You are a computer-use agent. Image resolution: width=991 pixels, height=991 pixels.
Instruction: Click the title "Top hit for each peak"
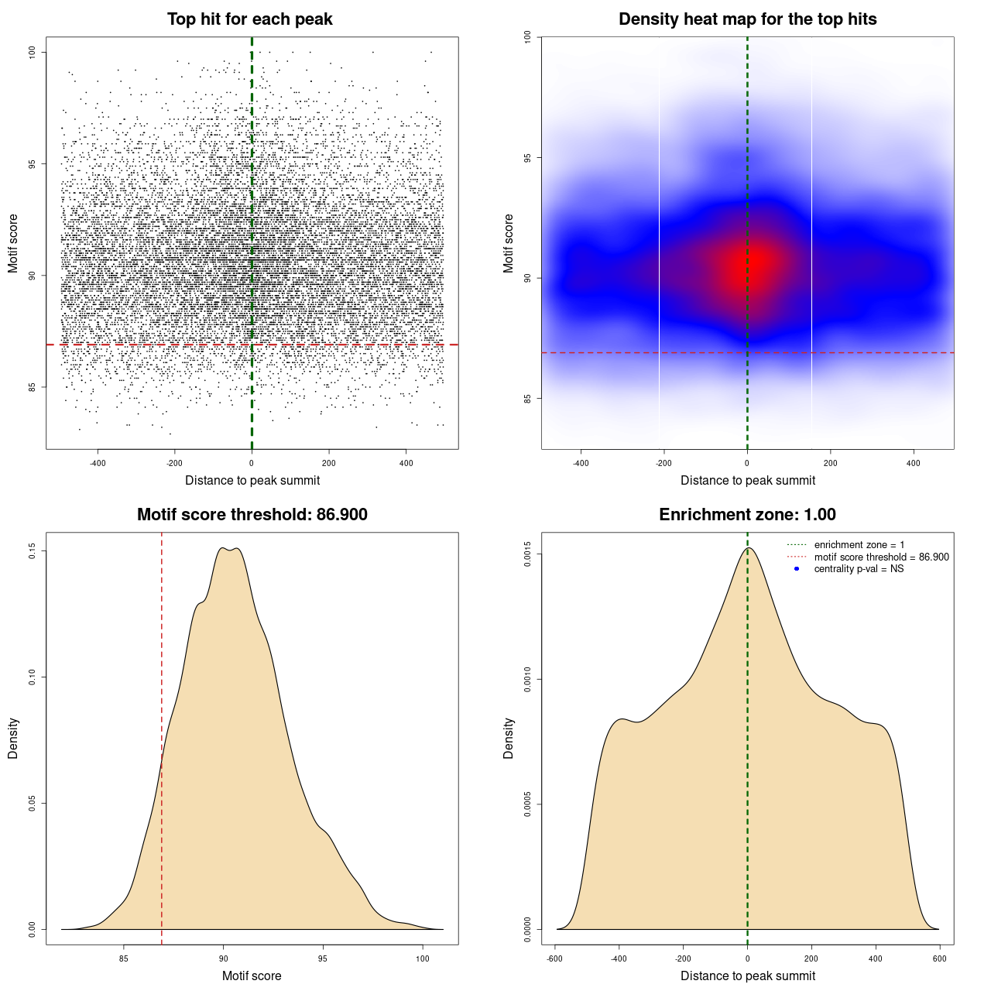pos(249,19)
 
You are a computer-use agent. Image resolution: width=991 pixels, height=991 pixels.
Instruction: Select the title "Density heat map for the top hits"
pos(747,19)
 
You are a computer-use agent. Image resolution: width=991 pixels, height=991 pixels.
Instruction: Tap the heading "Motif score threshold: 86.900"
pos(252,515)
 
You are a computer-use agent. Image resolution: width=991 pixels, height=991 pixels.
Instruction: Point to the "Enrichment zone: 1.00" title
pos(747,515)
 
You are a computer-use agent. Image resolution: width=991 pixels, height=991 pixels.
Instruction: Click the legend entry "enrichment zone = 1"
pos(859,545)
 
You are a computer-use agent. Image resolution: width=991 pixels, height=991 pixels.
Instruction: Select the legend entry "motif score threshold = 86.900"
pos(881,557)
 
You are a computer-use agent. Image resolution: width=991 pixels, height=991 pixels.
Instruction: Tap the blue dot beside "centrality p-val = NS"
pos(797,569)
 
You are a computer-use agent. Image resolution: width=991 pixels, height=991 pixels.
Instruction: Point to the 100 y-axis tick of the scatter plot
pos(32,52)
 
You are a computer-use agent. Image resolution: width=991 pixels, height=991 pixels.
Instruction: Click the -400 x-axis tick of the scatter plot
pos(98,463)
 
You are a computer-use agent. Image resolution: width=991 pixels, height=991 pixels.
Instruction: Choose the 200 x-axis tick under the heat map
pos(830,463)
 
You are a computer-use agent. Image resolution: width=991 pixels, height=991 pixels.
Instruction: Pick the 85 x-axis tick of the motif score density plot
pos(124,958)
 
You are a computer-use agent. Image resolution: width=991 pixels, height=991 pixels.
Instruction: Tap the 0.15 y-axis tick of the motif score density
pos(32,550)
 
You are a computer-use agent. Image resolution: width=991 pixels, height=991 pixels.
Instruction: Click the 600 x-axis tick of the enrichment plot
pos(939,958)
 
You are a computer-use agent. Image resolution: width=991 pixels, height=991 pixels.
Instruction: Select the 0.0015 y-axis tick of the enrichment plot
pos(527,554)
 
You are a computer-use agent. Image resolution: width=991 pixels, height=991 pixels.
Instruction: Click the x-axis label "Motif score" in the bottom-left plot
pos(252,976)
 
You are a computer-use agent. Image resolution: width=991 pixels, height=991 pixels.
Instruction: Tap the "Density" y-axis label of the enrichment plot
pos(509,738)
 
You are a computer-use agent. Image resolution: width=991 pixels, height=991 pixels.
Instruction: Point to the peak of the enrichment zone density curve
pos(748,548)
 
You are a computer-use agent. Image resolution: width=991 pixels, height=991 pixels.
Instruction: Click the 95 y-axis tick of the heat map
pos(527,158)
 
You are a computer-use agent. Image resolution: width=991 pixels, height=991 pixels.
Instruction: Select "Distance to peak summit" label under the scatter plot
pos(252,480)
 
